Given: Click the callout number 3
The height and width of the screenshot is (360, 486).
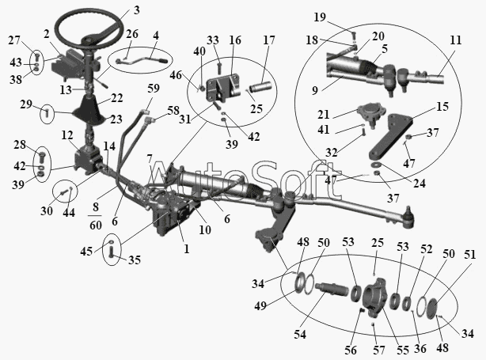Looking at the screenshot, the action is click(x=136, y=10).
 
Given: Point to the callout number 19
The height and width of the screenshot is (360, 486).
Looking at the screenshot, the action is click(x=342, y=16).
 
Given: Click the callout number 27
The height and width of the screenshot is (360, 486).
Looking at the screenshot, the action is click(x=13, y=39).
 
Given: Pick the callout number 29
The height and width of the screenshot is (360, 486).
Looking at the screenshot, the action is click(x=27, y=104).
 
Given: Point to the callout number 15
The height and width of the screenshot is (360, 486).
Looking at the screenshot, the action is click(x=442, y=105).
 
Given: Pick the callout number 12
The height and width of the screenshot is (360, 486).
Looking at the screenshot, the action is click(x=66, y=135).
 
